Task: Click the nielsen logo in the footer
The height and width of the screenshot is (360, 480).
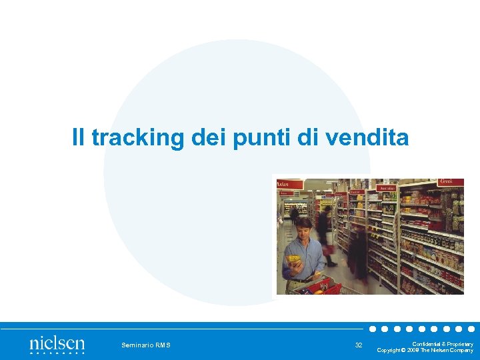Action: [x=57, y=344]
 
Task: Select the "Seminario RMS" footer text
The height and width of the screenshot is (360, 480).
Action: [x=145, y=345]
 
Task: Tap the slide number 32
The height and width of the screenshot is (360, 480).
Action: [x=359, y=345]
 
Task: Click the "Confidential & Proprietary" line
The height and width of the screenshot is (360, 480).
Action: [x=443, y=343]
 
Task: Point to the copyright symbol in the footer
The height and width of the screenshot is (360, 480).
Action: [x=403, y=350]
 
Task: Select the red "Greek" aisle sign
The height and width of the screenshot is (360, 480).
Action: [x=451, y=181]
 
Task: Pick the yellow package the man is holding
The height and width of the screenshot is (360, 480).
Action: [x=293, y=260]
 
